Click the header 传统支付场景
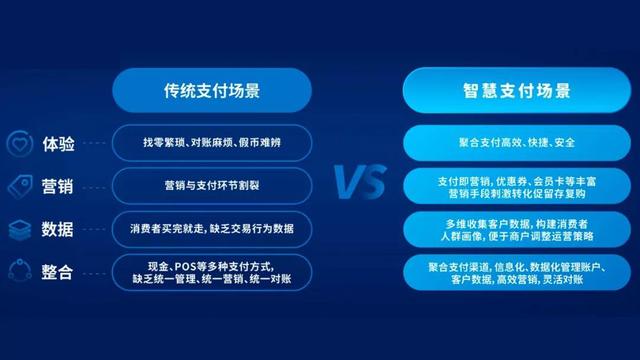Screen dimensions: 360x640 [212, 91]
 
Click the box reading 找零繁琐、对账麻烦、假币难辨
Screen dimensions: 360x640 [212, 142]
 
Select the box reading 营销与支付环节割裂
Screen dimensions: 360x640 [212, 185]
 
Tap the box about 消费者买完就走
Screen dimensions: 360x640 [212, 228]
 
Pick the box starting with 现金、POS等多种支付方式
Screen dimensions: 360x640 [212, 272]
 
